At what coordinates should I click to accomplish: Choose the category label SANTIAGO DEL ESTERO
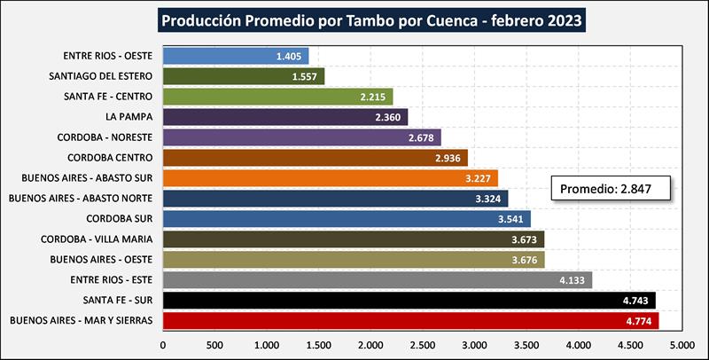(102, 76)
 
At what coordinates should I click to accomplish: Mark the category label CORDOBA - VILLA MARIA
(97, 239)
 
